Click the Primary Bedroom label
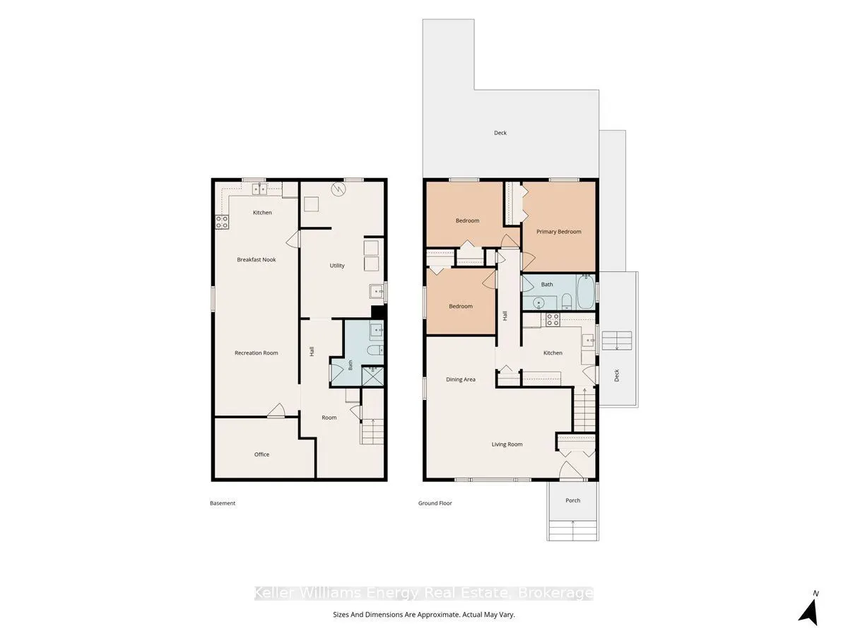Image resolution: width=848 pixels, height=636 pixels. (x=559, y=232)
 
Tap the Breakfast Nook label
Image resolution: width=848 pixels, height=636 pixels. (x=257, y=259)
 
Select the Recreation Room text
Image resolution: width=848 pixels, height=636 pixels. (x=257, y=353)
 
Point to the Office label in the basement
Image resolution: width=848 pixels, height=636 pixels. (x=261, y=454)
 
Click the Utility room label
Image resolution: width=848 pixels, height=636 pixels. (x=337, y=265)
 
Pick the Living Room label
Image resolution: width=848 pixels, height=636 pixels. (x=507, y=444)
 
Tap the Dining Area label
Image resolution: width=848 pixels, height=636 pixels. (x=461, y=379)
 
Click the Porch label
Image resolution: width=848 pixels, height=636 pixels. (x=572, y=500)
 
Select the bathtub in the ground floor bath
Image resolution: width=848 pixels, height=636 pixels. (x=586, y=292)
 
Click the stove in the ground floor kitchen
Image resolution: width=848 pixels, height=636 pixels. (x=553, y=319)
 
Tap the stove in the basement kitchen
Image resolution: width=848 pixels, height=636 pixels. (x=222, y=222)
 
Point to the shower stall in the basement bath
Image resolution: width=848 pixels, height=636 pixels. (x=372, y=376)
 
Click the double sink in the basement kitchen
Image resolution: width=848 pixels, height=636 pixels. (x=259, y=189)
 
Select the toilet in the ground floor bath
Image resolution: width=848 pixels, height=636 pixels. (x=566, y=301)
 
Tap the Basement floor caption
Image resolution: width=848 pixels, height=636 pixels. (x=223, y=503)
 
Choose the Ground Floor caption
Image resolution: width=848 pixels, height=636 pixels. (x=435, y=503)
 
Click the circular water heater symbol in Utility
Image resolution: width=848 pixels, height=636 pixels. (x=338, y=189)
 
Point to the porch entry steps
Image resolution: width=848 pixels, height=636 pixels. (x=572, y=530)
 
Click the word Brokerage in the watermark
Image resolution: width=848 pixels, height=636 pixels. (x=555, y=593)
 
